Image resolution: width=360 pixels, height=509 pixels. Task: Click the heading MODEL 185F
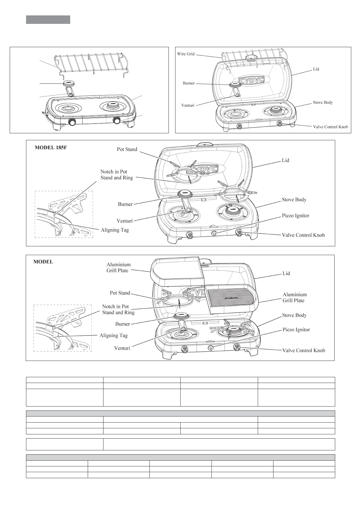(51, 148)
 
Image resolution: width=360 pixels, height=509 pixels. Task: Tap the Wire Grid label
(186, 54)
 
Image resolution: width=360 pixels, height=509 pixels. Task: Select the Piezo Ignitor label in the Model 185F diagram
(295, 216)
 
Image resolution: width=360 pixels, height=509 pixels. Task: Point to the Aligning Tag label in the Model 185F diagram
(115, 230)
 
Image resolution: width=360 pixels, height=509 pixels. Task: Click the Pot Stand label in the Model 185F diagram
(127, 149)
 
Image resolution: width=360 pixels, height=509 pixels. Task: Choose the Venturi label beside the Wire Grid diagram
(188, 105)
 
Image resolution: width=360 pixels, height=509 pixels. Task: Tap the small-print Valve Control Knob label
(330, 127)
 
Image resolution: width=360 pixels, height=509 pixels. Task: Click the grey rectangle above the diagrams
(48, 20)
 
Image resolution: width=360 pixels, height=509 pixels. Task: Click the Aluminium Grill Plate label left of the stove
(118, 267)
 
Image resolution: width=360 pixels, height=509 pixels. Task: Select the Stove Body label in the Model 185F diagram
(294, 199)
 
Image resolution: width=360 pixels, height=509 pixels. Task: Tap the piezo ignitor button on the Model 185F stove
(214, 234)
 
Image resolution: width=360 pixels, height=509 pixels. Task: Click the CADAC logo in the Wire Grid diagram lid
(251, 80)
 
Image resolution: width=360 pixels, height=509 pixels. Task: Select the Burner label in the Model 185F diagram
(125, 204)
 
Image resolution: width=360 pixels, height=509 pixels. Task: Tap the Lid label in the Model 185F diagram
(285, 160)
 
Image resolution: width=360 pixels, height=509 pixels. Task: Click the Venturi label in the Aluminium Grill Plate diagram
(122, 348)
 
